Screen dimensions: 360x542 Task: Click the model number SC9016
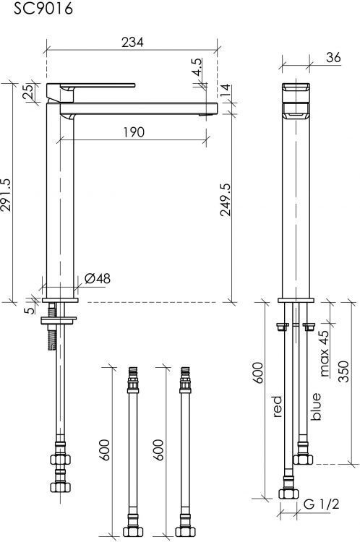pyautogui.click(x=43, y=8)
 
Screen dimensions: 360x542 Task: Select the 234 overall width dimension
pyautogui.click(x=132, y=42)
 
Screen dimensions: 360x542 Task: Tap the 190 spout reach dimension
pyautogui.click(x=134, y=132)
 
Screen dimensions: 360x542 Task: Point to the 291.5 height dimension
pyautogui.click(x=7, y=195)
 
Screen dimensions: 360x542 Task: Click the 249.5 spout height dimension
pyautogui.click(x=226, y=199)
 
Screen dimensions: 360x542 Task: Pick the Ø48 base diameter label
pyautogui.click(x=98, y=279)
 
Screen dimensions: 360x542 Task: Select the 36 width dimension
pyautogui.click(x=333, y=58)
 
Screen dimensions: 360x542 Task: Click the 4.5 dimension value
pyautogui.click(x=197, y=67)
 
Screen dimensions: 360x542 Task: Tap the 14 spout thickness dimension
pyautogui.click(x=226, y=90)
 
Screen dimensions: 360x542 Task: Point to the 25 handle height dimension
pyautogui.click(x=29, y=91)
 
